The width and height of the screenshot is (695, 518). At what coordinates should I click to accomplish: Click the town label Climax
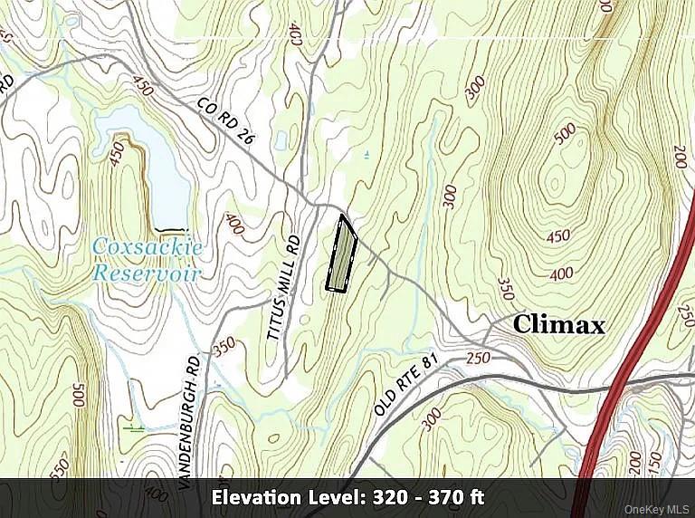(x=558, y=324)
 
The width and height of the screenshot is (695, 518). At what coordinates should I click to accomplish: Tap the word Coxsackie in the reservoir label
(x=148, y=247)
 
